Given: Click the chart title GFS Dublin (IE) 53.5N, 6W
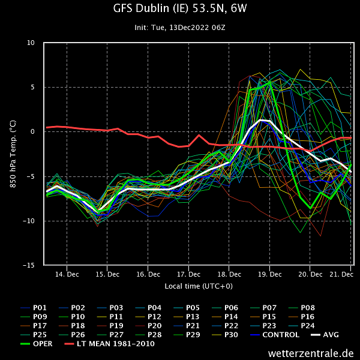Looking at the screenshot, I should coord(179,10).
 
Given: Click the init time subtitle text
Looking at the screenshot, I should coord(179,28).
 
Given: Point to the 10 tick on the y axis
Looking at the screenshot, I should coord(31,43).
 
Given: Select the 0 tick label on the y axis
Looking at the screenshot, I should coord(34,131).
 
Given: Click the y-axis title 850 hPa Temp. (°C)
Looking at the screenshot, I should coord(13,154).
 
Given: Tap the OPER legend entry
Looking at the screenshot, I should coord(43,344).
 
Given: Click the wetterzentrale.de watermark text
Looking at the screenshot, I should coord(311,353).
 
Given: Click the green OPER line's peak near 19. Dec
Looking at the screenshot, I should coord(270,82).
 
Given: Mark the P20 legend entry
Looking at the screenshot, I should coord(155,326).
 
